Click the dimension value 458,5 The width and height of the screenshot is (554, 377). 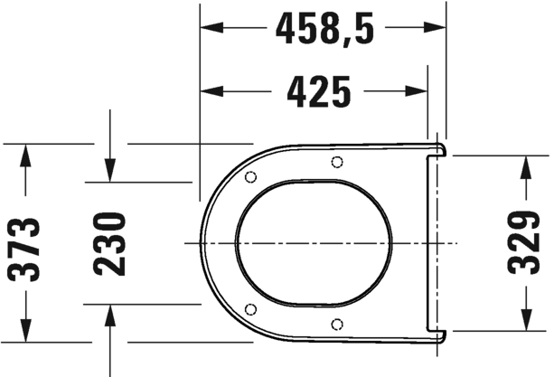click(323, 30)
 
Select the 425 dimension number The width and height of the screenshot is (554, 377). click(318, 90)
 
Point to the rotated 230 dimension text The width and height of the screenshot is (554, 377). click(109, 243)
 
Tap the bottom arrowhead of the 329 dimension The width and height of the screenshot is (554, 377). click(524, 319)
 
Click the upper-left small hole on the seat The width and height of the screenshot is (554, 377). click(251, 176)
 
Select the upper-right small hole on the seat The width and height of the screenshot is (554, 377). click(336, 162)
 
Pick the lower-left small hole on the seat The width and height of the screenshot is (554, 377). click(251, 309)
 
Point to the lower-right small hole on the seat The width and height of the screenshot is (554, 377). click(336, 325)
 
